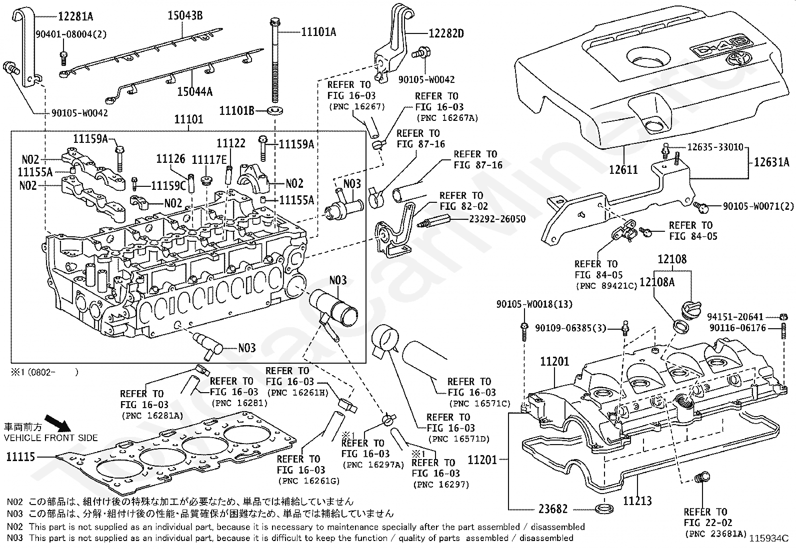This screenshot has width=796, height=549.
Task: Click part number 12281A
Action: tap(75, 16)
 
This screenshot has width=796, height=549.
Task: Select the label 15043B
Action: tap(184, 15)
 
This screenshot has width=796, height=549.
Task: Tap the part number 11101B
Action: tap(237, 110)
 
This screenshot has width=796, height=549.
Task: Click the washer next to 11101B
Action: tap(275, 110)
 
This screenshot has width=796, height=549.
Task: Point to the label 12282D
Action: tap(446, 33)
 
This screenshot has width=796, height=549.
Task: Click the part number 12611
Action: tap(623, 169)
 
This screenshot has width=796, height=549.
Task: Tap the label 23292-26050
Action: tap(497, 219)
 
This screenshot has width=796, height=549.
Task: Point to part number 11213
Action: tap(637, 500)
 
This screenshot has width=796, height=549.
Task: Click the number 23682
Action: tap(553, 509)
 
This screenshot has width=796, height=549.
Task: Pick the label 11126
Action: tap(170, 159)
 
